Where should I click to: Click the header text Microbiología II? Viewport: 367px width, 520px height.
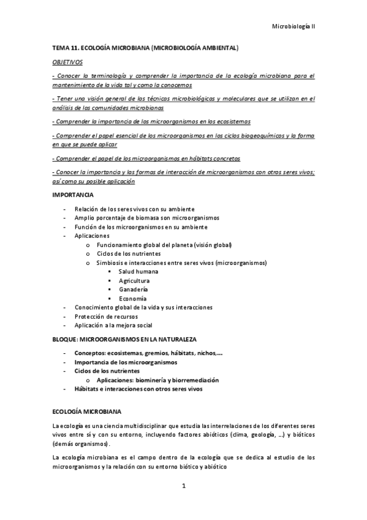293,27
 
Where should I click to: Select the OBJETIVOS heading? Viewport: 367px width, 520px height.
68,62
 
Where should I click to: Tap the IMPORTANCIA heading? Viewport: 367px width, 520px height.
72,194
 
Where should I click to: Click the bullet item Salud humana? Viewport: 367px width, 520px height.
138,271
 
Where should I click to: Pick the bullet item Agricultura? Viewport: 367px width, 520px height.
134,280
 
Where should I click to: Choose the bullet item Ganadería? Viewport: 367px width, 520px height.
134,289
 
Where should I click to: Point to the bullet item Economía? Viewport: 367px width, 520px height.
132,298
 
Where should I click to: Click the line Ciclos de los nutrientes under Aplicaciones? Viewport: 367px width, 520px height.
129,253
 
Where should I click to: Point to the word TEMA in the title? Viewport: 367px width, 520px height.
60,47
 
